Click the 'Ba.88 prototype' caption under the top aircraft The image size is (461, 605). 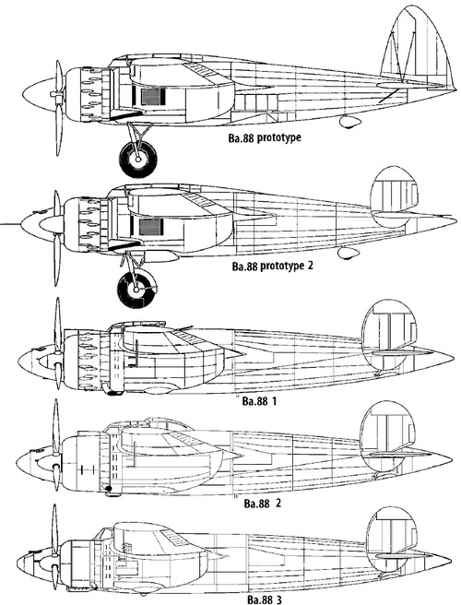265,137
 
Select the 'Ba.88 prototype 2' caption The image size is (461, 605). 272,267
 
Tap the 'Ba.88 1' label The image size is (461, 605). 259,401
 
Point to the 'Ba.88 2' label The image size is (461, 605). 263,504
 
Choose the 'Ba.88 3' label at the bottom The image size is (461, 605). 265,599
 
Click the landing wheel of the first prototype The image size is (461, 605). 138,159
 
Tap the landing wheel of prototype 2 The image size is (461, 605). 137,288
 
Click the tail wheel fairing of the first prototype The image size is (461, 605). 350,122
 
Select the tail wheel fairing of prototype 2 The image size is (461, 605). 348,253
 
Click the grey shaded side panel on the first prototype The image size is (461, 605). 150,97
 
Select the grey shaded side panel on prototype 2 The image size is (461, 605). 149,227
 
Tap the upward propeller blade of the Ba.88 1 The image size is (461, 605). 58,326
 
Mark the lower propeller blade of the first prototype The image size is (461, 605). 59,130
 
